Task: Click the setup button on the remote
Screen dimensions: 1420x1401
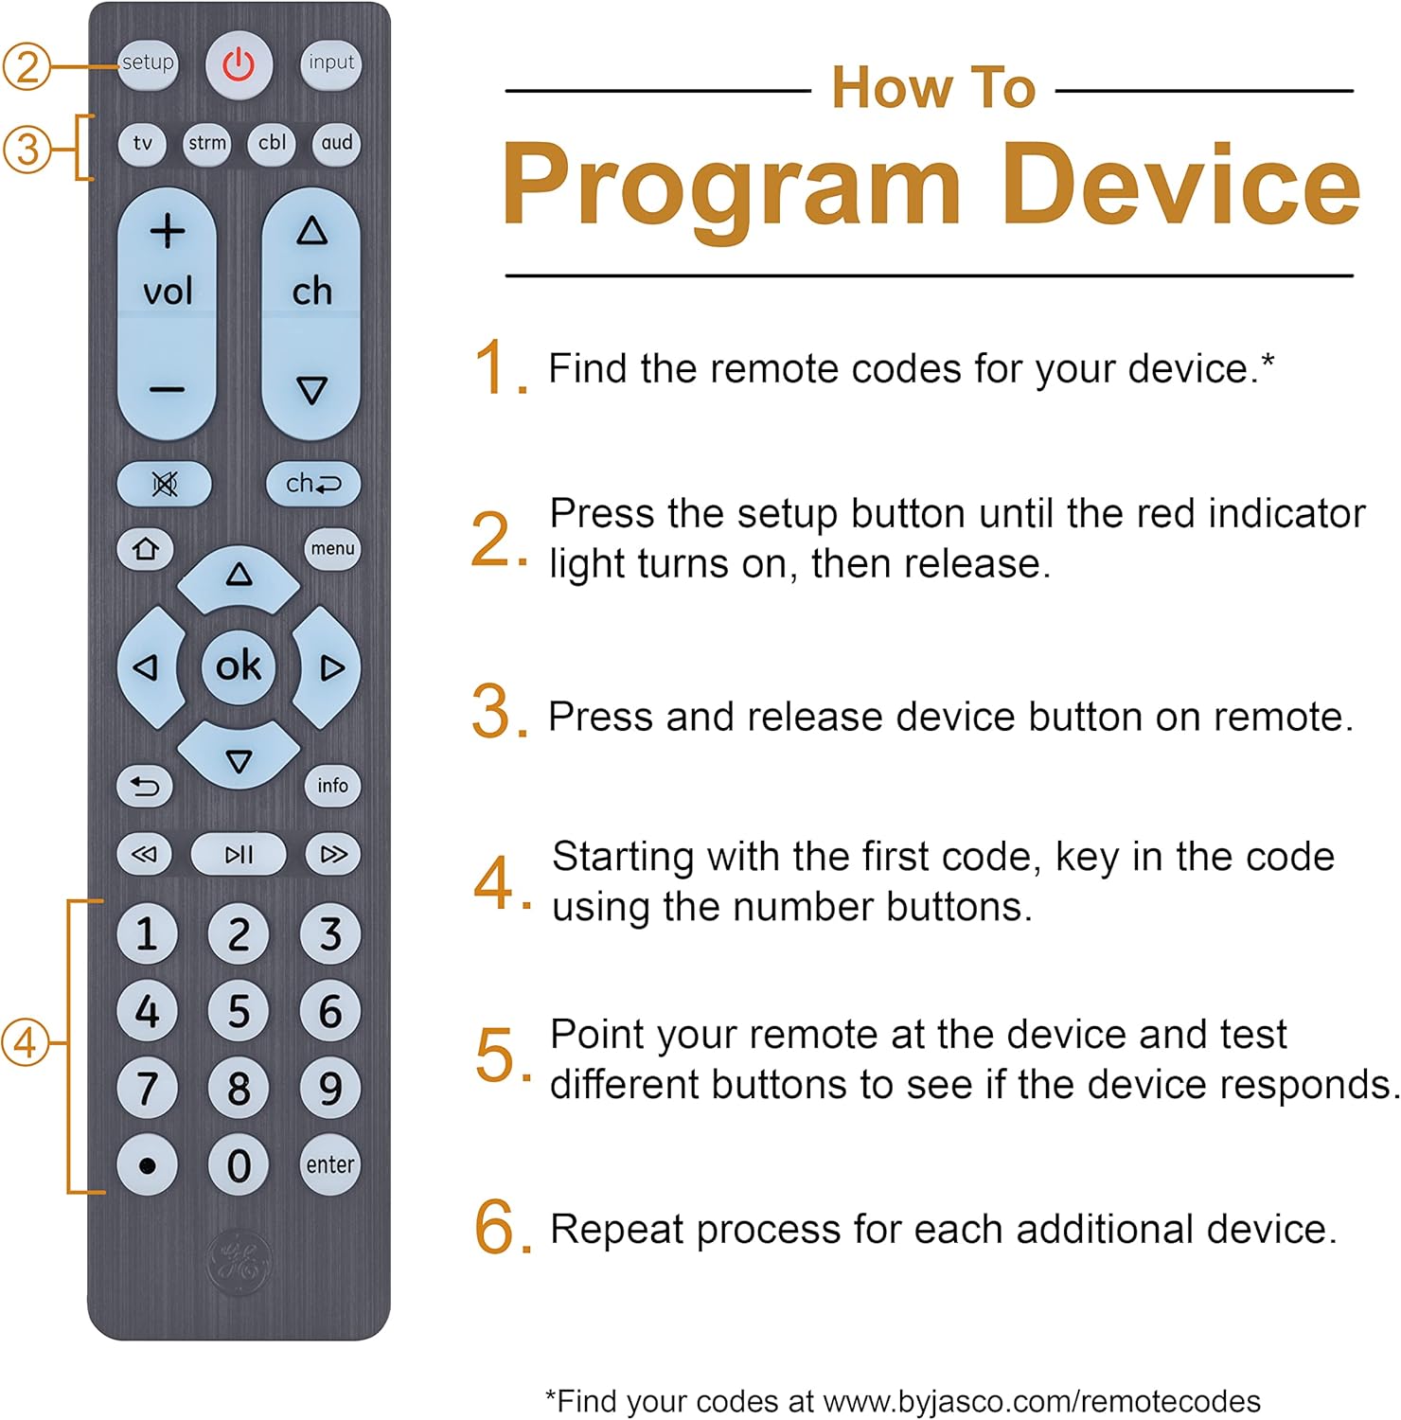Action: click(148, 64)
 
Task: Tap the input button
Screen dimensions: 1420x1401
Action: click(330, 64)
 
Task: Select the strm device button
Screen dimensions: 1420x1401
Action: click(206, 144)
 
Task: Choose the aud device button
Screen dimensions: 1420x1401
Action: click(336, 144)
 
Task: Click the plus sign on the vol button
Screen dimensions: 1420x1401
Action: click(168, 232)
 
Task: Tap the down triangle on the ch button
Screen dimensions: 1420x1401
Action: click(311, 390)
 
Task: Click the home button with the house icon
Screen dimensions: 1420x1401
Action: click(145, 549)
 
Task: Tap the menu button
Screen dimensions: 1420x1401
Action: click(332, 549)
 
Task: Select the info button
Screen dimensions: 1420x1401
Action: click(332, 786)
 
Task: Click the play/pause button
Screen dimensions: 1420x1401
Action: click(239, 855)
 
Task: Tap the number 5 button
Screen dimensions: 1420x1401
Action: click(239, 1011)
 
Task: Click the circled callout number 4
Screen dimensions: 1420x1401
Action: click(26, 1043)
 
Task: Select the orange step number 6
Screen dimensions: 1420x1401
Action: click(496, 1228)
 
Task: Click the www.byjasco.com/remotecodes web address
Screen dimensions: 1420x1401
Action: click(1041, 1401)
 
